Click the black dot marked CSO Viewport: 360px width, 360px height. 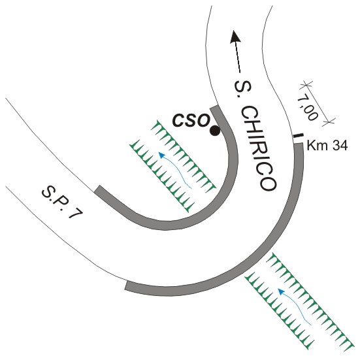click(x=215, y=131)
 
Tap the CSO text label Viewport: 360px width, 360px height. click(x=191, y=120)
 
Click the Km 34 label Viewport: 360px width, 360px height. click(x=327, y=146)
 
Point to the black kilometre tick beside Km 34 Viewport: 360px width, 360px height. click(x=299, y=136)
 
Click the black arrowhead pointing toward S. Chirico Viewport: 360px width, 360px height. click(x=235, y=37)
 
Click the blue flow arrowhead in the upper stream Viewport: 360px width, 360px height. click(x=161, y=155)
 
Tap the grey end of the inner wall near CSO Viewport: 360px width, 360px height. click(x=214, y=108)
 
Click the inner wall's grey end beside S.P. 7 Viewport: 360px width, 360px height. click(x=98, y=189)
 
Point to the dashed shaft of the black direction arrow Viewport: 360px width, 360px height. click(x=238, y=57)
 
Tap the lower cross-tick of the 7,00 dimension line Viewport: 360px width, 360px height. click(x=329, y=122)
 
